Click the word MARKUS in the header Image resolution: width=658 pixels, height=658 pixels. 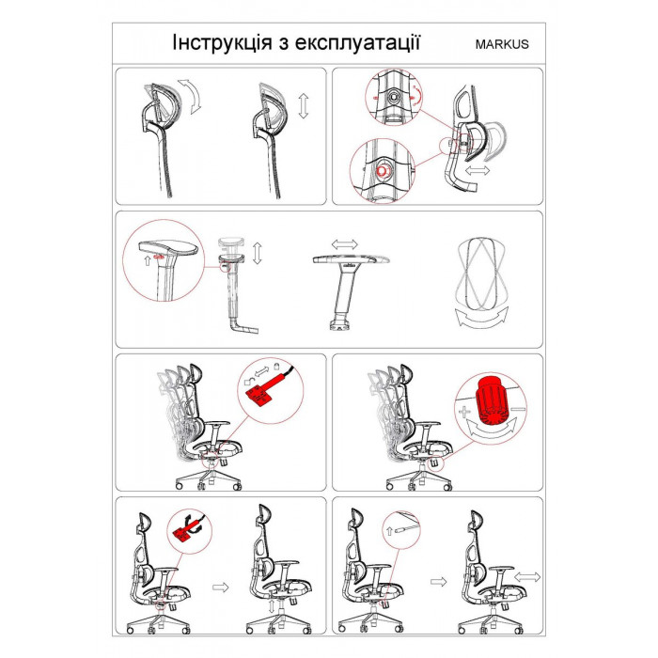click(x=502, y=44)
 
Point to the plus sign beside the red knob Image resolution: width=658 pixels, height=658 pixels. click(x=463, y=412)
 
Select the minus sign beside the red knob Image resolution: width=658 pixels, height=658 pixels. click(x=519, y=409)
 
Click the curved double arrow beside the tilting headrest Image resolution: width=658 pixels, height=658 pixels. click(x=192, y=97)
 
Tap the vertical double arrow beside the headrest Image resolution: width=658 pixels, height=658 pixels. click(x=304, y=106)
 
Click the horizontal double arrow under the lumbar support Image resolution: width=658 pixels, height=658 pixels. click(x=478, y=170)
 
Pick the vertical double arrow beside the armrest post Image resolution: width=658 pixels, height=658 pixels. click(x=258, y=253)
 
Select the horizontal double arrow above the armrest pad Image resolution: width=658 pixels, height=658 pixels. click(x=345, y=243)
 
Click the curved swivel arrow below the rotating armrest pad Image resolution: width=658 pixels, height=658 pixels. click(x=481, y=317)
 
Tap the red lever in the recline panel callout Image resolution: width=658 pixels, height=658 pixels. click(x=261, y=393)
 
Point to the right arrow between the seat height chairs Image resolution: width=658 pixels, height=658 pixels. click(x=220, y=587)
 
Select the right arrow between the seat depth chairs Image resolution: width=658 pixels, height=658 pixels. click(x=439, y=582)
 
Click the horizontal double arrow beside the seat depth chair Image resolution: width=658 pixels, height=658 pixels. click(x=527, y=577)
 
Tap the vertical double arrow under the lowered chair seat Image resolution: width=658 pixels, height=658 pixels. click(x=273, y=606)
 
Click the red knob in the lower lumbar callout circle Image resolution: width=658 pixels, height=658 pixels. click(x=384, y=170)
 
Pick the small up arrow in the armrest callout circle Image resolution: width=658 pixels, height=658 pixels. click(x=147, y=260)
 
